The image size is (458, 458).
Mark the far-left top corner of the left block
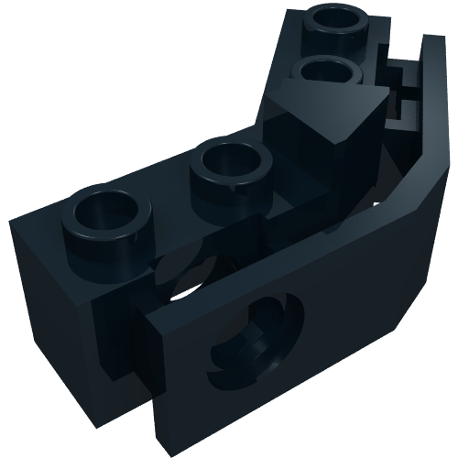(x=11, y=220)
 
